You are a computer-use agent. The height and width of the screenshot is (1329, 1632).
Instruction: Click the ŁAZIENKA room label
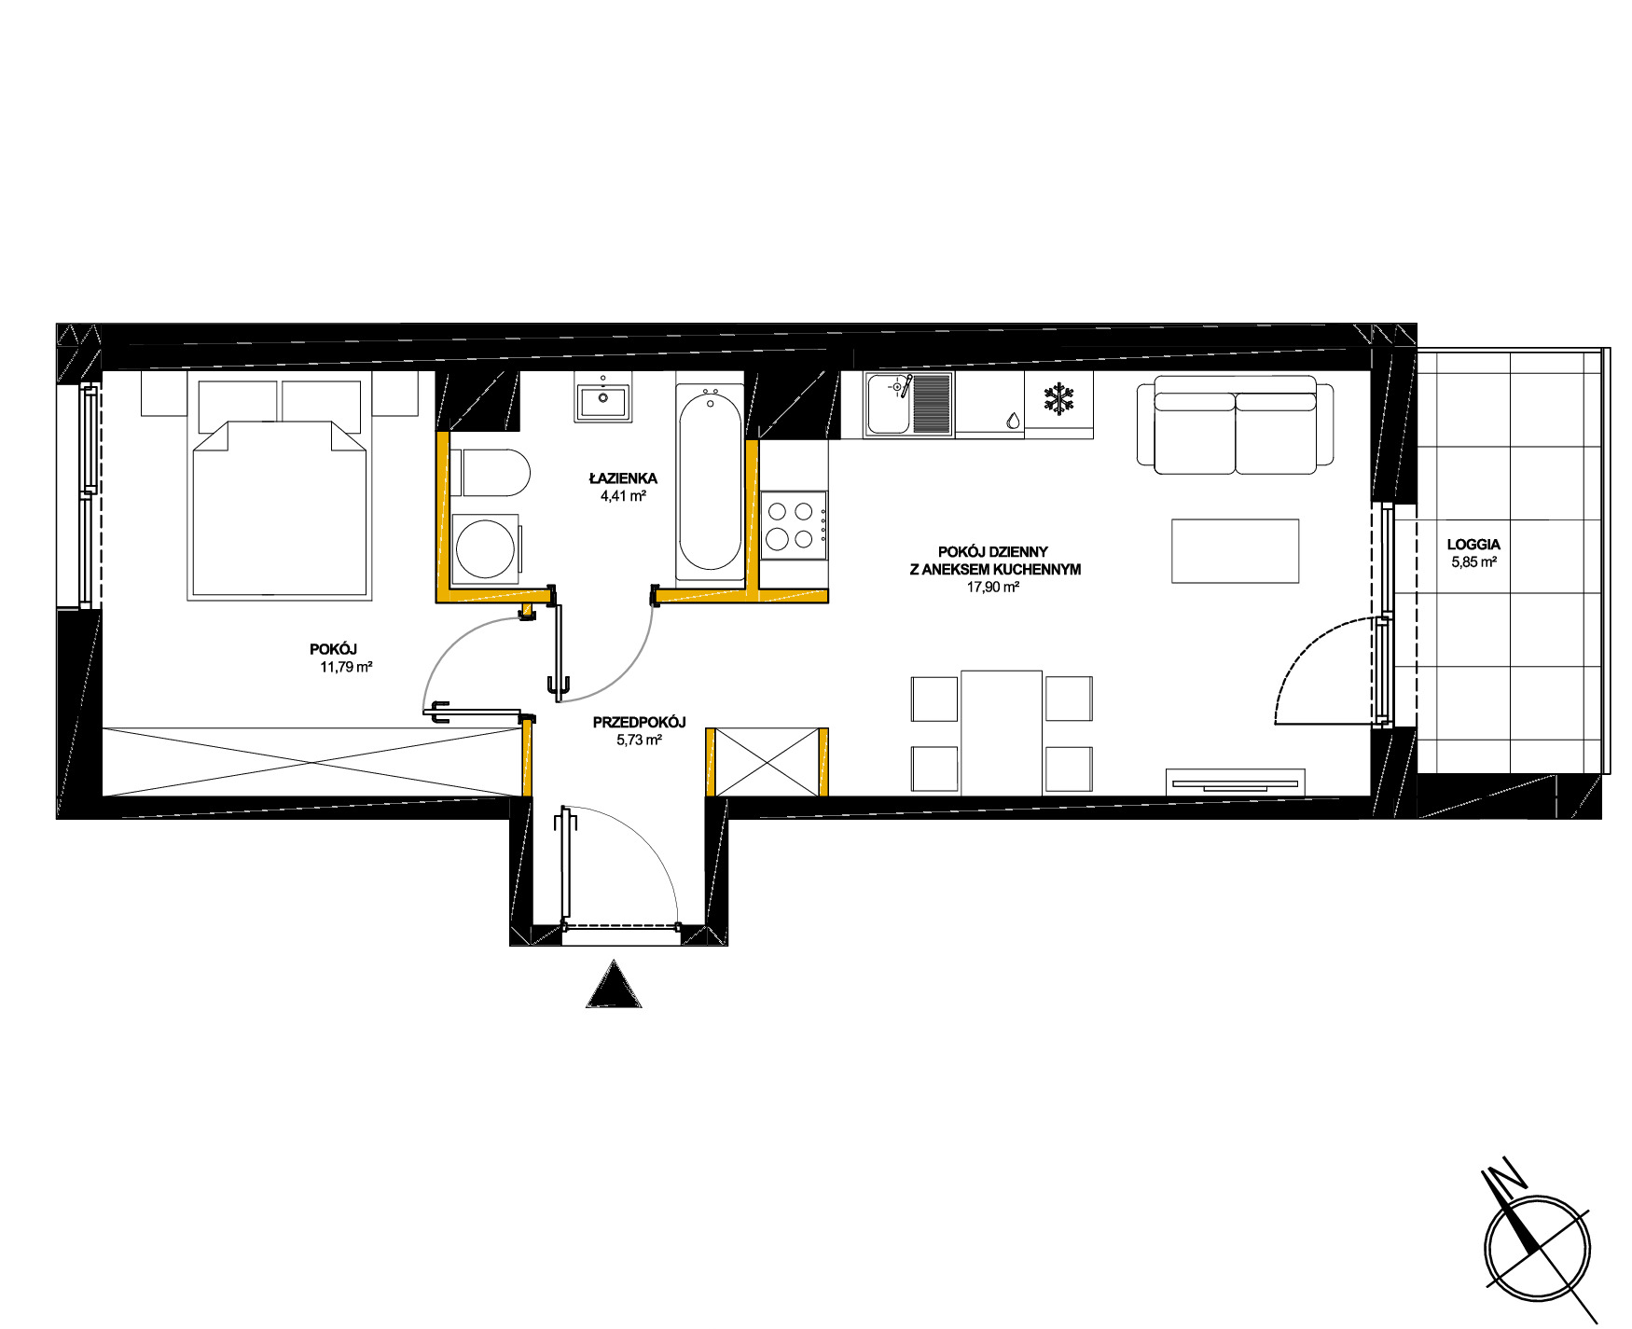[x=623, y=478]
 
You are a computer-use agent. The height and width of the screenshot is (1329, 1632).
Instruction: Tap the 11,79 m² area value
[x=347, y=667]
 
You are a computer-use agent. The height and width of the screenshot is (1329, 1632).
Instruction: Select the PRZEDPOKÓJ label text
[x=640, y=722]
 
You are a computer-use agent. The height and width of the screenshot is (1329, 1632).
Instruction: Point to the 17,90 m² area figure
[x=993, y=588]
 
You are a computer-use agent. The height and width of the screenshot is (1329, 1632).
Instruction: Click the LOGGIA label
[x=1473, y=545]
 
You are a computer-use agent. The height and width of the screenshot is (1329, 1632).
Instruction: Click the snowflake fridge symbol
[x=1058, y=399]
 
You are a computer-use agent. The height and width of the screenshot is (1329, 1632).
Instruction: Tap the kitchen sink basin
[x=888, y=404]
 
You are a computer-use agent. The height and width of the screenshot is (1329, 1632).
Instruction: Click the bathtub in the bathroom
[x=711, y=481]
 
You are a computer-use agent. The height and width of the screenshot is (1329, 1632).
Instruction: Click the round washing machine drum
[x=486, y=548]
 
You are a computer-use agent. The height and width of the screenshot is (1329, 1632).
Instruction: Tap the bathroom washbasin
[x=602, y=402]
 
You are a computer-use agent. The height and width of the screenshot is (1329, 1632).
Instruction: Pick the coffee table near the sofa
[x=1235, y=551]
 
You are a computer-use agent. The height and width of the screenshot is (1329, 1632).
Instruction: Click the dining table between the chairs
[x=1002, y=732]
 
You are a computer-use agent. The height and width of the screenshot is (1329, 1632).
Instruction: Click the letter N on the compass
[x=1503, y=1177]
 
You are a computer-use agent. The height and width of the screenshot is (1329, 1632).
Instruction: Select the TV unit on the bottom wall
[x=1236, y=782]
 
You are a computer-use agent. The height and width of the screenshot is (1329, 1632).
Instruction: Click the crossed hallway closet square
[x=767, y=762]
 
